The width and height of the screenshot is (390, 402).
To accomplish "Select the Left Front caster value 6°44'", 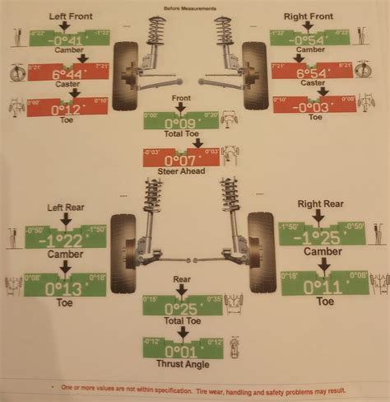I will point(68,72).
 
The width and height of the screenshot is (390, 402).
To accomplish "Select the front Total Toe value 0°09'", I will point(182,122).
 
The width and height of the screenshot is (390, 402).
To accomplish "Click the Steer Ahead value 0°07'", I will point(182,158).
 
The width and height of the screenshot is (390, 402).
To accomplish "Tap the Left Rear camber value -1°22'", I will point(65,239).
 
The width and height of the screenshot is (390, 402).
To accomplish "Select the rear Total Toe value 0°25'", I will point(182,306).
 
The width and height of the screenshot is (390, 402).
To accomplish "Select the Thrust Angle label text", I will point(182,363).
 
